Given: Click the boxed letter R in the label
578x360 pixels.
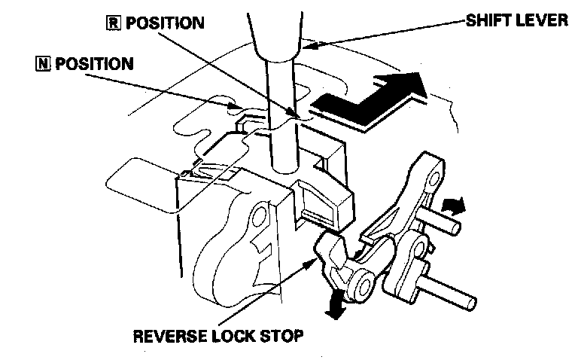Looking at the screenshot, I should tap(112, 23).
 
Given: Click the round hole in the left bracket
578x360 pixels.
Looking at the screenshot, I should tap(260, 219).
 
